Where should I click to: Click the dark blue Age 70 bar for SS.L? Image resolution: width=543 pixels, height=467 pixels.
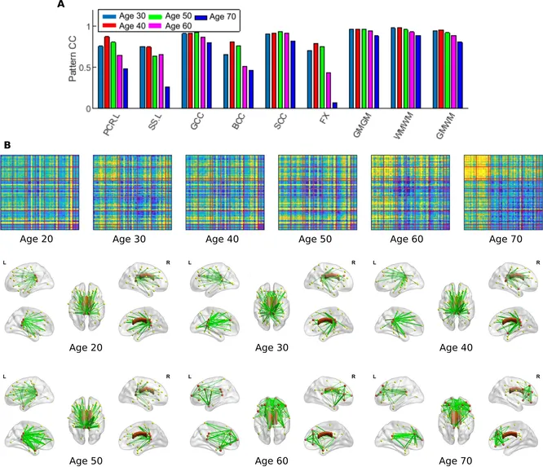[167, 97]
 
